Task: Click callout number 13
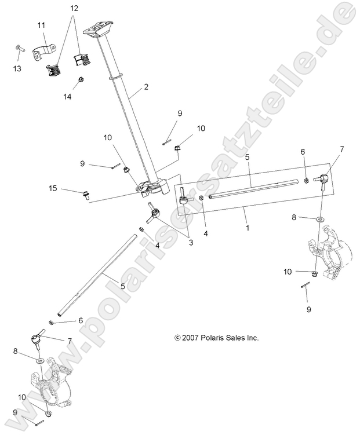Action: pos(17,68)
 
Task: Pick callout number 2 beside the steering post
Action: pos(146,87)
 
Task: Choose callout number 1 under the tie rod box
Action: pos(247,228)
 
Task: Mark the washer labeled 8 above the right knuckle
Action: pos(321,220)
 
